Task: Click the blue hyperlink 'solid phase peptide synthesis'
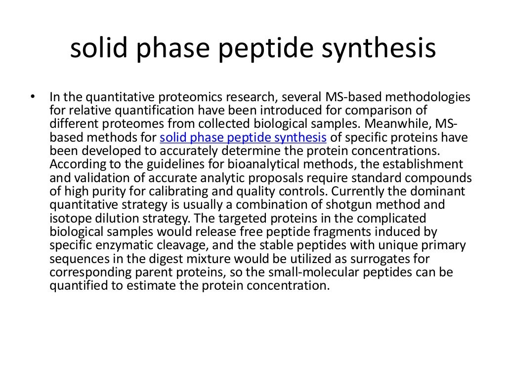click(244, 137)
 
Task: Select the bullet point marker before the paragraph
click(33, 96)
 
